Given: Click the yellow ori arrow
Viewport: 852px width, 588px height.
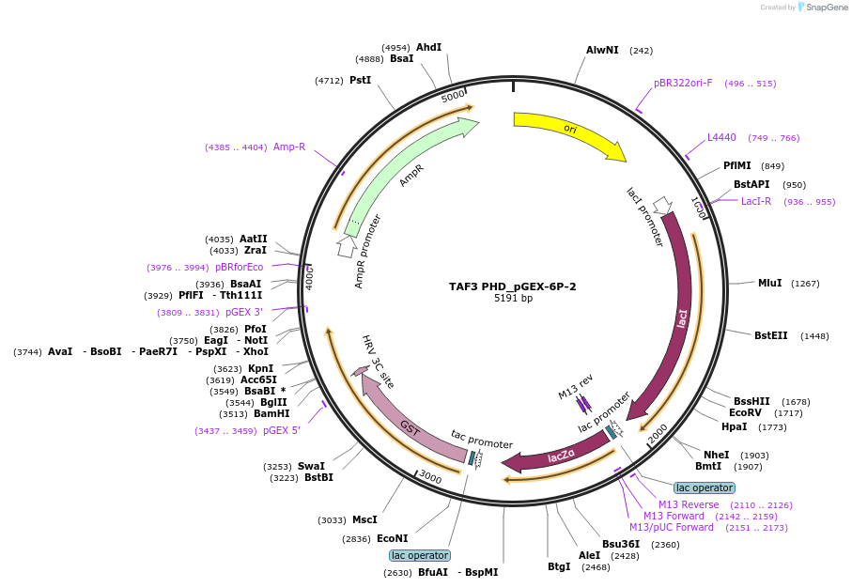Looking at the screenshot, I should pos(568,131).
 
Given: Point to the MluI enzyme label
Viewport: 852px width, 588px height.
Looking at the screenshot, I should pos(769,283).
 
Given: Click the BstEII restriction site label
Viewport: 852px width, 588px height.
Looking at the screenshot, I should pos(771,335).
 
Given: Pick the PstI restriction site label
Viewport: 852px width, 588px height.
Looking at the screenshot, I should pos(360,81).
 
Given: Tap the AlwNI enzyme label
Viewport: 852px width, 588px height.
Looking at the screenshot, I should pos(602,50).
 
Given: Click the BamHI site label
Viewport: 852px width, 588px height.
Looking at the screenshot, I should pos(271,413).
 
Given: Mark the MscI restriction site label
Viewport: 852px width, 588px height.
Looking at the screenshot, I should pos(364,519).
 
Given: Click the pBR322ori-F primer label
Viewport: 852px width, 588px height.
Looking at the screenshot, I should pos(683,83).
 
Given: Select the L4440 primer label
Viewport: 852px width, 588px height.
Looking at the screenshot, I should pos(721,137).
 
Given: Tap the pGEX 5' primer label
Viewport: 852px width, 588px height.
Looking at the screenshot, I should pos(282,430).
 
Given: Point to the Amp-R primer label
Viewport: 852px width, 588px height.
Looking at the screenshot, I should pos(289,147).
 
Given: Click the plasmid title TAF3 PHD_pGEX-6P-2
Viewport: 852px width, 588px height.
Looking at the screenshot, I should pos(513,286).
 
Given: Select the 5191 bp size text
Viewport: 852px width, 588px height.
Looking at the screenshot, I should pos(513,299).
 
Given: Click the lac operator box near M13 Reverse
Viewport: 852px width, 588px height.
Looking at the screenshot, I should pos(704,487).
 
